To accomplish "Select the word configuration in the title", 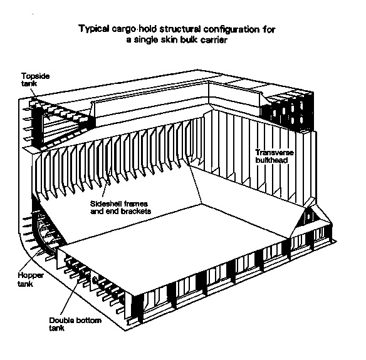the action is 231,29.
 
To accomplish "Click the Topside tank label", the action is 35,80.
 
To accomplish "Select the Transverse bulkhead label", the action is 274,157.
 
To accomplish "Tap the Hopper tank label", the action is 31,279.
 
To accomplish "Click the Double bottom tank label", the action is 75,324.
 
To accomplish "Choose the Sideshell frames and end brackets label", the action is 120,207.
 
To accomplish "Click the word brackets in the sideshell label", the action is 136,211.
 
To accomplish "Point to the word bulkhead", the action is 272,160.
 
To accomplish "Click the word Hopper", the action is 31,275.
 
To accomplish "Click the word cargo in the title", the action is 124,29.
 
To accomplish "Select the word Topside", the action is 35,76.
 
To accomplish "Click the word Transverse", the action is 274,153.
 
